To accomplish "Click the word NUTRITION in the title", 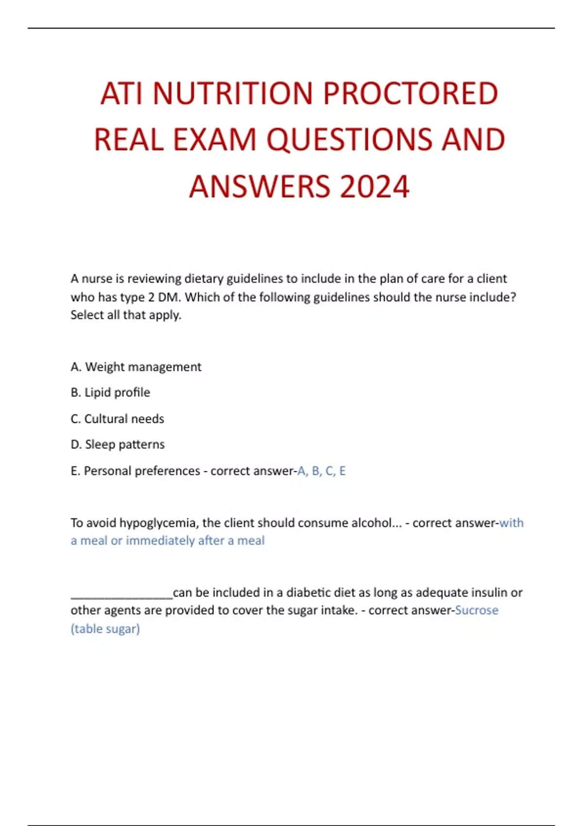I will (x=233, y=93).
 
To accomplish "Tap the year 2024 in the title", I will (x=375, y=187).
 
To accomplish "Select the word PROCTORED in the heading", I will (x=411, y=93).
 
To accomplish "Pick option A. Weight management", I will (x=136, y=367).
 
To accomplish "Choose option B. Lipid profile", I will (x=110, y=393).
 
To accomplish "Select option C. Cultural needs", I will (x=117, y=419).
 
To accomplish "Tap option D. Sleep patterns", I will (x=118, y=445).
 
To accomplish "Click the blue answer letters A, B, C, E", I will (x=321, y=471).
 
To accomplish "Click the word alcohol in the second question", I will (x=372, y=523).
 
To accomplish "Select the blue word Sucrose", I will (x=476, y=610).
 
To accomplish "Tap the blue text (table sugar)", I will (x=105, y=629).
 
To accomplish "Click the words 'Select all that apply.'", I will (x=126, y=315).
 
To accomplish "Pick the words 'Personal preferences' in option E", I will (x=142, y=471).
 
